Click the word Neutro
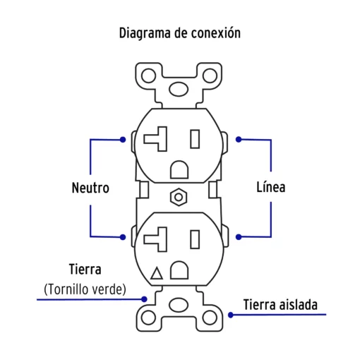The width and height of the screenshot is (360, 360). pyautogui.click(x=90, y=188)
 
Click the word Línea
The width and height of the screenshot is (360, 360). pyautogui.click(x=271, y=187)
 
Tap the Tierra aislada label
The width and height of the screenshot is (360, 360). pyautogui.click(x=280, y=304)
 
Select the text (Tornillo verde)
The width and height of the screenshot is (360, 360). pyautogui.click(x=85, y=289)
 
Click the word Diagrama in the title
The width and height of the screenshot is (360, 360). pyautogui.click(x=145, y=33)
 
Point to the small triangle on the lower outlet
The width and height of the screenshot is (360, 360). pyautogui.click(x=157, y=273)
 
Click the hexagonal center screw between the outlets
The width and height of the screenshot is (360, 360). pyautogui.click(x=179, y=197)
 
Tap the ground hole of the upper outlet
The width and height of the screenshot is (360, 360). pyautogui.click(x=179, y=169)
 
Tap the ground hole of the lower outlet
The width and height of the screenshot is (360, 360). pyautogui.click(x=179, y=270)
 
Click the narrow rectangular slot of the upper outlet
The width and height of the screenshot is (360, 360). pyautogui.click(x=195, y=139)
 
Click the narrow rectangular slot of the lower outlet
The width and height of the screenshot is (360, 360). pyautogui.click(x=195, y=239)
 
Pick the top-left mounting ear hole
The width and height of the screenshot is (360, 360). pyautogui.click(x=148, y=76)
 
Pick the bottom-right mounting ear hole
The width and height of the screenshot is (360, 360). pyautogui.click(x=210, y=318)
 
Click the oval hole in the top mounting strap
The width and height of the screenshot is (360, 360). pyautogui.click(x=179, y=89)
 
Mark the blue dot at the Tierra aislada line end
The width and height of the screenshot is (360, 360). pyautogui.click(x=231, y=315)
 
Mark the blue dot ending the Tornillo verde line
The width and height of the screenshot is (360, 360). pyautogui.click(x=145, y=299)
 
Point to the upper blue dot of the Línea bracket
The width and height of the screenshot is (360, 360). pyautogui.click(x=239, y=140)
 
